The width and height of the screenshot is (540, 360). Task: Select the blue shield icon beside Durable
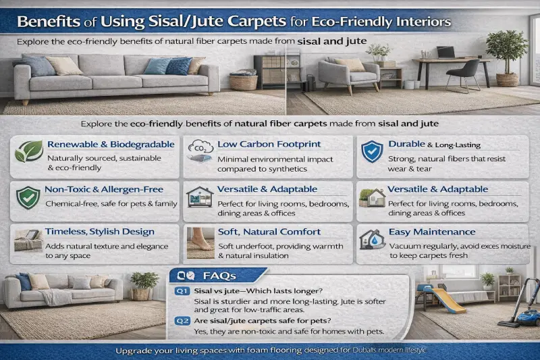point(371,152)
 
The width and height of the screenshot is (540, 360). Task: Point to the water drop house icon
point(372,240)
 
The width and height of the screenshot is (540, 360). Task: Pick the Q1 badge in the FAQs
point(181,291)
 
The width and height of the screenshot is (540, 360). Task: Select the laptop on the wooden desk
point(445,52)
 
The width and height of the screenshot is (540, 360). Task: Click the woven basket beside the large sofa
point(243,82)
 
